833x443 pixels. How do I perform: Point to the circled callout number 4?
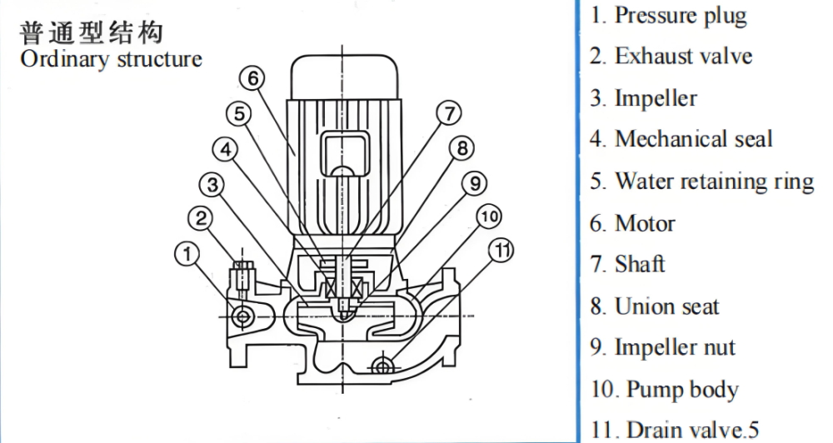tap(227, 149)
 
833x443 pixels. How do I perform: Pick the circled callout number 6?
tap(253, 79)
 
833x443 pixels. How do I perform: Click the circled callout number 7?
tap(449, 113)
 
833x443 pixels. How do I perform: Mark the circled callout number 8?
tap(461, 148)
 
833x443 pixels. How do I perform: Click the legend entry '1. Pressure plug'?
tap(669, 16)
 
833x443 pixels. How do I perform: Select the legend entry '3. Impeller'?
tap(644, 98)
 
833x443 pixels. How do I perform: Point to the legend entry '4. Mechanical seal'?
tap(681, 139)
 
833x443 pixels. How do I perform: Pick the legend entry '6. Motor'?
tap(633, 223)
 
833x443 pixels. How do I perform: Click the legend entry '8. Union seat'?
tap(655, 306)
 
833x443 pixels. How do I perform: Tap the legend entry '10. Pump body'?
tap(665, 390)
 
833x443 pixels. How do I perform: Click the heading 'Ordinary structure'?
tap(111, 59)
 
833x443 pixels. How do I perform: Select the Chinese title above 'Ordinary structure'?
tap(91, 33)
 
